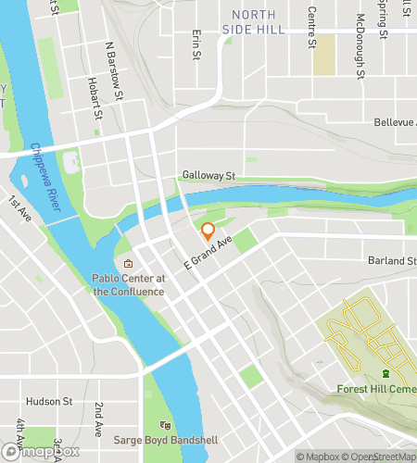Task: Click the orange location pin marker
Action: [x=208, y=231]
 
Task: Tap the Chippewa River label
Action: [x=44, y=181]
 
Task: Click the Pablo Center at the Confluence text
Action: [x=128, y=284]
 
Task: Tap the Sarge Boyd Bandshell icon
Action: [x=166, y=424]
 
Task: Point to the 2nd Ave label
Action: [x=99, y=419]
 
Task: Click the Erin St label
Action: [x=196, y=44]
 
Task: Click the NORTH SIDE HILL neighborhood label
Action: [x=253, y=23]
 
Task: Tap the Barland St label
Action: [x=391, y=261]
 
